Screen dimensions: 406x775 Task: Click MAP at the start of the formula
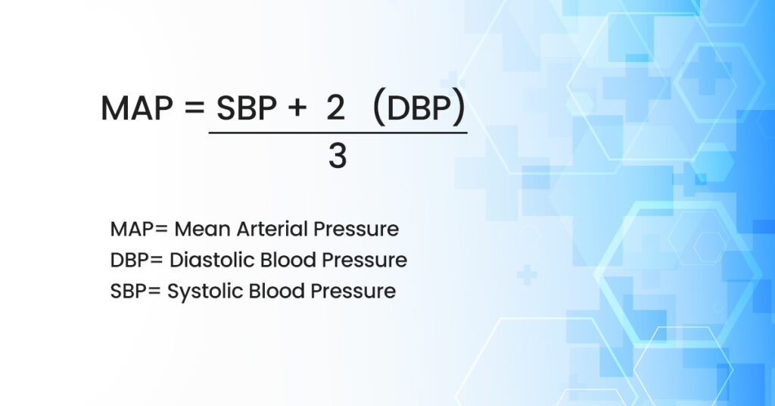click(135, 110)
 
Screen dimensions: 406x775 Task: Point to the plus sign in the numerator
click(295, 111)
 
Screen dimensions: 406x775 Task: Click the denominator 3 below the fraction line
click(338, 156)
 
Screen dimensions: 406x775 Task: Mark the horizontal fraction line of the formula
click(338, 133)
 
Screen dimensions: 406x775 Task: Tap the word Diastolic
click(210, 260)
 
